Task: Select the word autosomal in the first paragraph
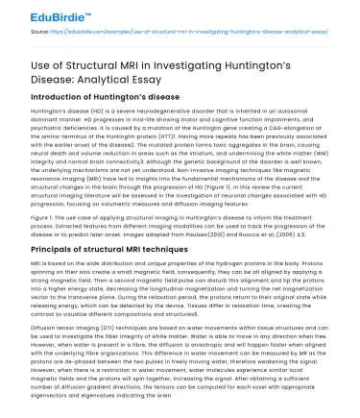(x=314, y=111)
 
